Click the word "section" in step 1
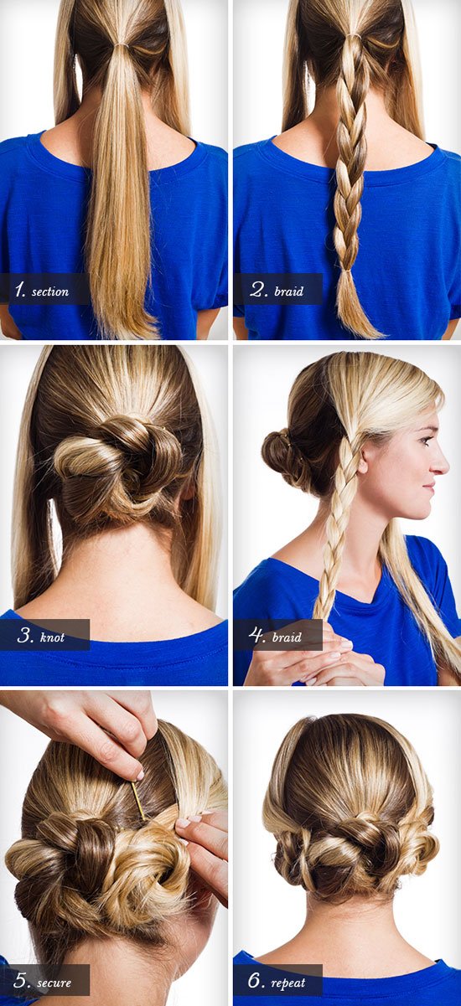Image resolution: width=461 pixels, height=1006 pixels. [50, 291]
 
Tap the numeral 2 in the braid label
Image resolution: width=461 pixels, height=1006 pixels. [258, 289]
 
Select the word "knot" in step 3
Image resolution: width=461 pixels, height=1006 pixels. [52, 637]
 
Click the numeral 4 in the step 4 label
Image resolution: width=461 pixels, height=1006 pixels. [256, 636]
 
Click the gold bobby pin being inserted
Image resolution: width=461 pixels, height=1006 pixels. [138, 799]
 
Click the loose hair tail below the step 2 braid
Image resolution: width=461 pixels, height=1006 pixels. [355, 306]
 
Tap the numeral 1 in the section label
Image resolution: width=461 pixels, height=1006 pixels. [20, 290]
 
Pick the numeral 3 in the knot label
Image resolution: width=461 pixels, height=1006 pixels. [25, 636]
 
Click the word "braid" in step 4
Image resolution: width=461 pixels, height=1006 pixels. [287, 637]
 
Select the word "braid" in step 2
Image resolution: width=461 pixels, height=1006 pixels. [289, 291]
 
